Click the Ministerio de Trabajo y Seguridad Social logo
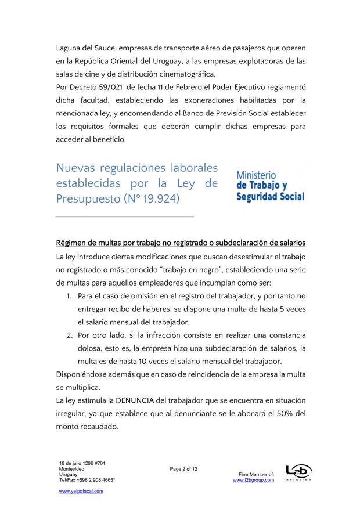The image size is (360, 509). (x=270, y=186)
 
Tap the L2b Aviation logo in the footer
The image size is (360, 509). (x=298, y=472)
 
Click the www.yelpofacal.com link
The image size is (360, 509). (x=81, y=490)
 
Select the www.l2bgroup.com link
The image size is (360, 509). (x=253, y=480)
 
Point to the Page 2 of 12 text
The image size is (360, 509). (x=184, y=468)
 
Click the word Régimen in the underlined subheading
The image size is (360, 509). (x=73, y=242)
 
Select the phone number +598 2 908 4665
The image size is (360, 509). (x=94, y=480)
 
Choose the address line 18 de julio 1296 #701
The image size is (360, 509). (x=84, y=463)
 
